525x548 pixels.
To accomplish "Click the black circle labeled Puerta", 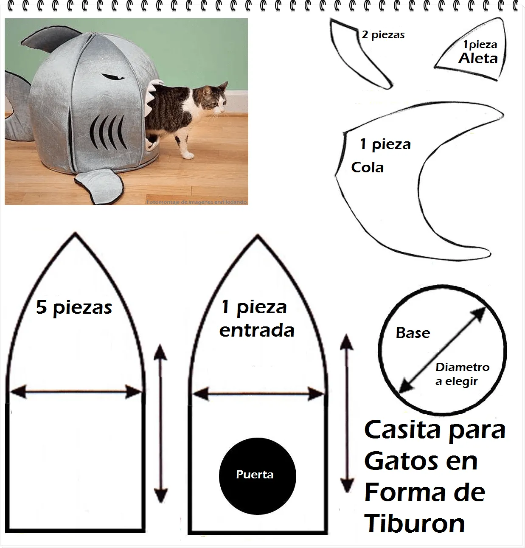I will pos(257,475).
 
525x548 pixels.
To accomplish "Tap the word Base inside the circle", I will pos(413,333).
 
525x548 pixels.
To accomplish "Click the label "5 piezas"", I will pos(74,308).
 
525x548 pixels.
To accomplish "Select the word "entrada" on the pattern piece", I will pos(257,331).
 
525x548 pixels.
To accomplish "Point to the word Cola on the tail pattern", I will pos(367,168).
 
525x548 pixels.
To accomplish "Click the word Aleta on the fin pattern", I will pos(478,59).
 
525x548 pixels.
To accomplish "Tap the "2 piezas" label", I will pos(383,35).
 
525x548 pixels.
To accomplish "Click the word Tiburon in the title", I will pos(415,523).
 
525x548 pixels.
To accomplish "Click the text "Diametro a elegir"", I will pos(462,374).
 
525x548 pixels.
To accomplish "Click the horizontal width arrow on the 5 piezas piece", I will pos(75,392).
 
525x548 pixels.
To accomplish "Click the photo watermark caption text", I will pos(196,202).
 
